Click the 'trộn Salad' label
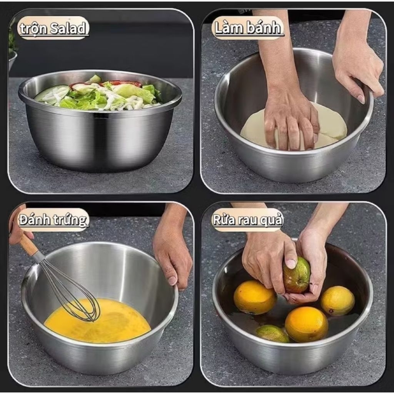[53, 28]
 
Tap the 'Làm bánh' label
[248, 27]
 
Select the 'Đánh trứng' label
[53, 220]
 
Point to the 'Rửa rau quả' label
[248, 220]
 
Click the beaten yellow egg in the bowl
[97, 321]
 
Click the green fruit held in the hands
[297, 275]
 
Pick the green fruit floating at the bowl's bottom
[272, 334]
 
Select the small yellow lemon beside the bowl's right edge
[337, 301]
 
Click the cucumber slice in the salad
[52, 94]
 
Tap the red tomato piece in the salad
[126, 83]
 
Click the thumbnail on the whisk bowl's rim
[172, 280]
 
